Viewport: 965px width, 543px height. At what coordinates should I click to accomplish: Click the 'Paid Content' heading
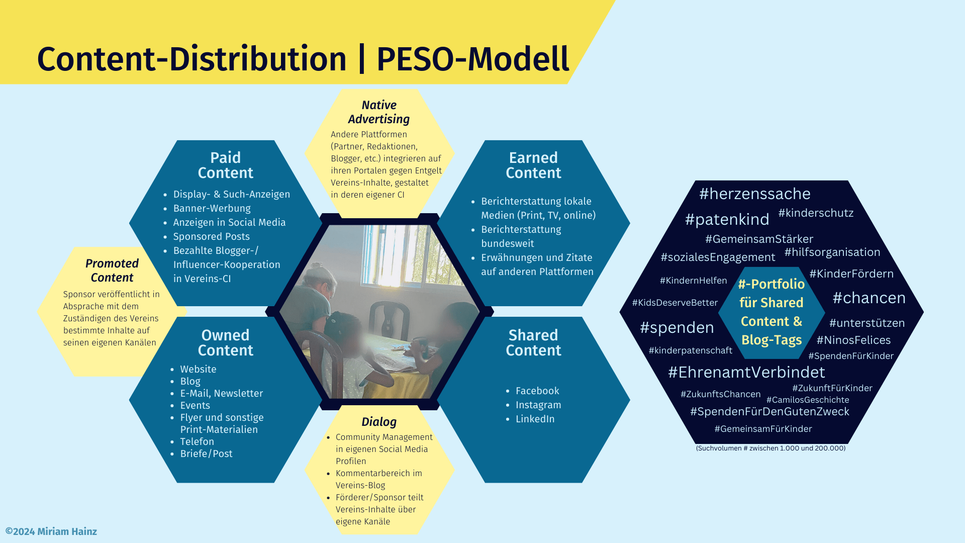pos(225,165)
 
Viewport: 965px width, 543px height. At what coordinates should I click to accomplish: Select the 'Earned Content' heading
pos(533,165)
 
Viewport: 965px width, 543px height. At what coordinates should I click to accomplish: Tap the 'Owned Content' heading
pos(225,343)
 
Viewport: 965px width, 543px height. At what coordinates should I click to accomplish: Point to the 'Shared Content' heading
pos(533,343)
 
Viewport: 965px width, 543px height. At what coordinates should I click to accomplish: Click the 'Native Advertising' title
pos(379,112)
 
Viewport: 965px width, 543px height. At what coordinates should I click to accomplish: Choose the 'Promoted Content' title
pos(112,270)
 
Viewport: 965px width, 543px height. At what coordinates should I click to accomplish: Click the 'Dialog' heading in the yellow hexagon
pos(379,422)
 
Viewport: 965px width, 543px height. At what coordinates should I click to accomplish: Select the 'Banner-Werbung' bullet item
pos(212,208)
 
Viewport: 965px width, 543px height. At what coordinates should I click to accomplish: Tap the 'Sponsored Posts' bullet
pos(211,236)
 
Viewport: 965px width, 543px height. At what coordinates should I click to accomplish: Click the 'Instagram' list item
pos(538,405)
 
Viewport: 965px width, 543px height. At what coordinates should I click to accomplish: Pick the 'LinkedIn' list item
pos(535,419)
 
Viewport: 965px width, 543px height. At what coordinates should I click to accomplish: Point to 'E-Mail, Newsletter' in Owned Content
pos(221,393)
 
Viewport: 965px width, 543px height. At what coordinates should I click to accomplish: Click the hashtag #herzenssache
pos(754,194)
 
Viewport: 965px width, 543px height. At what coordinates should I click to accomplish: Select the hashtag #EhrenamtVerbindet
pos(746,372)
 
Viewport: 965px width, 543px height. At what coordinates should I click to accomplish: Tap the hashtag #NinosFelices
pos(853,340)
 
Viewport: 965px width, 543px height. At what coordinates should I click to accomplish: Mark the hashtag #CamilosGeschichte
pos(808,400)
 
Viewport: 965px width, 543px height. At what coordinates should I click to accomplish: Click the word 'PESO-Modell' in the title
pos(472,59)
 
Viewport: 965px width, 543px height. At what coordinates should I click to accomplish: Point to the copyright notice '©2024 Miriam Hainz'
pos(51,531)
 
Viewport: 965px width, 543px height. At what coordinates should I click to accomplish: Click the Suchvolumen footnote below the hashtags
pos(770,448)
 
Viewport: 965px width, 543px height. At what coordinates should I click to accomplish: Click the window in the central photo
pos(407,251)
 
